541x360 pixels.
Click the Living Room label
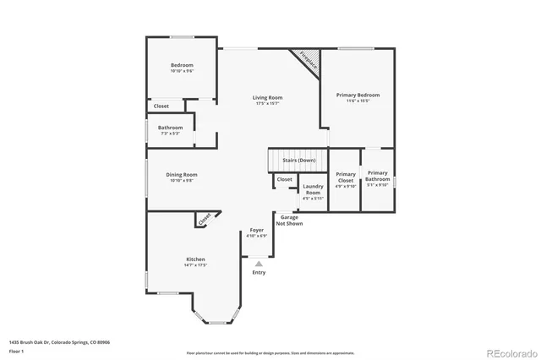point(266,98)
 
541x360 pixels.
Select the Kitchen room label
point(195,259)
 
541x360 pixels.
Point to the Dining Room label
point(182,174)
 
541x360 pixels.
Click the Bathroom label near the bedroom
point(170,128)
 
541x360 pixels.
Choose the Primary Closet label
point(345,177)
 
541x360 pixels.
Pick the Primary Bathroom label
point(378,176)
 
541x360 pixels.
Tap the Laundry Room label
point(313,190)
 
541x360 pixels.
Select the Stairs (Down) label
point(299,160)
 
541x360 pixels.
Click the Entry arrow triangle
point(259,264)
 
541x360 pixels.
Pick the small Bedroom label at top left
point(182,66)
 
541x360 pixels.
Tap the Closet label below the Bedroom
point(161,106)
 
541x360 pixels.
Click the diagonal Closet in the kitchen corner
point(205,219)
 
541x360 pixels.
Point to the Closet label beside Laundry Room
point(285,179)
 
